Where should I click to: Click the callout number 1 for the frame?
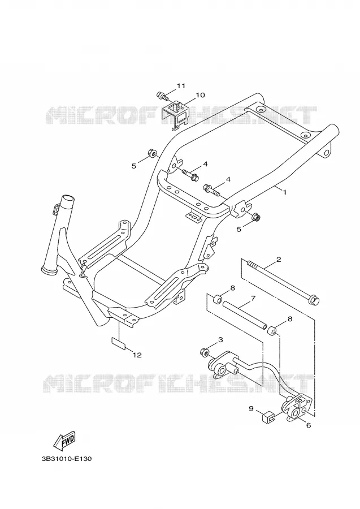(x=284, y=192)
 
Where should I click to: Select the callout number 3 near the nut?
(x=220, y=340)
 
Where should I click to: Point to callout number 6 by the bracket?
(x=308, y=425)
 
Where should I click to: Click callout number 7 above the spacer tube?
(x=253, y=298)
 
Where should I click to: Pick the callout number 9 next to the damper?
(x=251, y=408)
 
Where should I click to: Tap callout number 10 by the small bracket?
(x=200, y=95)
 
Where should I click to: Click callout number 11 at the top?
(x=181, y=86)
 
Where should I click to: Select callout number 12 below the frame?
(x=137, y=355)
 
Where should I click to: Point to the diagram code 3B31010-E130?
(x=67, y=459)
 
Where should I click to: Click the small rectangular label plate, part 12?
(x=119, y=343)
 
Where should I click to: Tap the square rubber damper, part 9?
(x=267, y=416)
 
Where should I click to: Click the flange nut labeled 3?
(x=205, y=352)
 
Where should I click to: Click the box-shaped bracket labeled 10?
(x=176, y=115)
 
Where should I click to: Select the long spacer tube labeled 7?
(x=244, y=314)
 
